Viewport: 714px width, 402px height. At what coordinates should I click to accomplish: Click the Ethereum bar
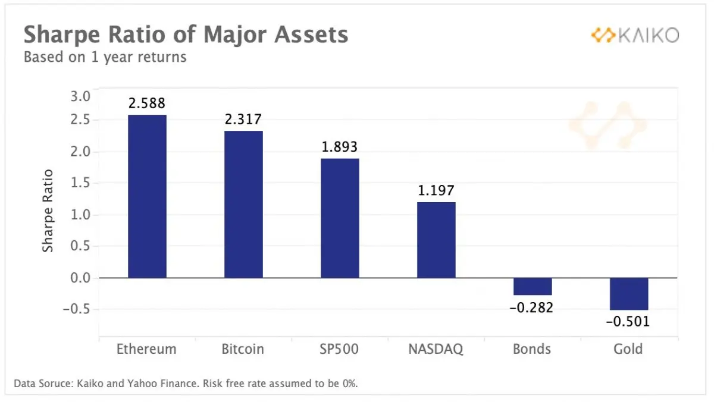[x=148, y=196]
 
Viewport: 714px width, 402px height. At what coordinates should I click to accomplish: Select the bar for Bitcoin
[x=243, y=205]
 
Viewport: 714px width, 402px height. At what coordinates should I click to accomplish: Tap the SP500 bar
[x=340, y=218]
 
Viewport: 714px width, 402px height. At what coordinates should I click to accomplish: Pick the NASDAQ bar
[x=436, y=240]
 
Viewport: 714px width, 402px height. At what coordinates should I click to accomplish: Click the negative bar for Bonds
[x=533, y=287]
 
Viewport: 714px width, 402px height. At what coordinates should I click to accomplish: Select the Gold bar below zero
[x=629, y=294]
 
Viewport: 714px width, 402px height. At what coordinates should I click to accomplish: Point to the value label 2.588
[x=147, y=103]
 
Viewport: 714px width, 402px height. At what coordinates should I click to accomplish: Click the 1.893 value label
[x=340, y=147]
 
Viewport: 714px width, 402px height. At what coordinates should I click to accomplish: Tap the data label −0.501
[x=628, y=321]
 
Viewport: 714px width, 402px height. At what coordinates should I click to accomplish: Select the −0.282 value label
[x=531, y=307]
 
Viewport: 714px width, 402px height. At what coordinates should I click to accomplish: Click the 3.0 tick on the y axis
[x=80, y=96]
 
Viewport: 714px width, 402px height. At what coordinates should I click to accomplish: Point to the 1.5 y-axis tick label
[x=80, y=183]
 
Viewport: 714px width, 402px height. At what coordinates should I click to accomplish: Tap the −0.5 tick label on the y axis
[x=77, y=309]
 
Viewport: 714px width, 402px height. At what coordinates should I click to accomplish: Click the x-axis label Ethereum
[x=146, y=349]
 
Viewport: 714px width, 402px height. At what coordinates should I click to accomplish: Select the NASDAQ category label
[x=436, y=349]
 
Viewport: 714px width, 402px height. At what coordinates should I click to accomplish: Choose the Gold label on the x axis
[x=628, y=349]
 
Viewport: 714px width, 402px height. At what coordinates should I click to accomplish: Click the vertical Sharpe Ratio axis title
[x=48, y=211]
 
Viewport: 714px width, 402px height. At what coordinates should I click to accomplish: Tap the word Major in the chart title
[x=235, y=34]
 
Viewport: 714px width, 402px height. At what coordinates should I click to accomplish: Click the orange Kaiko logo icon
[x=603, y=35]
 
